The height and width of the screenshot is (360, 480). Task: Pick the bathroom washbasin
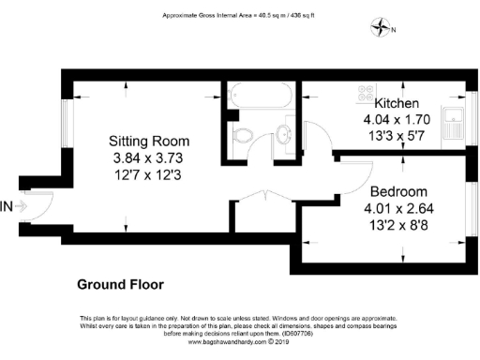coord(284,133)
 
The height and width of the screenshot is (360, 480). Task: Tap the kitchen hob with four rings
coord(365,94)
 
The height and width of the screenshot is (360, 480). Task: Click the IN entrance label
coord(7,205)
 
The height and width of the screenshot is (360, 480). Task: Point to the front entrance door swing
coord(39,206)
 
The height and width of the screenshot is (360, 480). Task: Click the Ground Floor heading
coord(120,284)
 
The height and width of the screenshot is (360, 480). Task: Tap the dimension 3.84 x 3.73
coord(142,156)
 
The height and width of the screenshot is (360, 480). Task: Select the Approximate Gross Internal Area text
coord(239,16)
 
